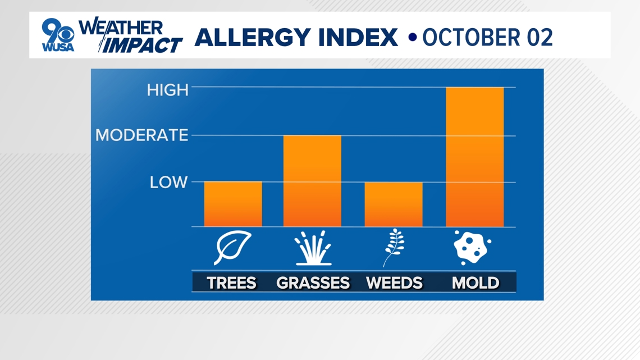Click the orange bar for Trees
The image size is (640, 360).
coord(233,204)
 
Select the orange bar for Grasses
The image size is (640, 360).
coord(312,181)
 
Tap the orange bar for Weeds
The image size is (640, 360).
coord(394,204)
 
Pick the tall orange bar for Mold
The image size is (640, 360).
coord(475,157)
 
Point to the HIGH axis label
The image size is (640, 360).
coord(168,90)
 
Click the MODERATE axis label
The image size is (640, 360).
coord(141,135)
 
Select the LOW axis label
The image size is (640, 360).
coord(168,183)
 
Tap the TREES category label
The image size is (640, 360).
coord(231,283)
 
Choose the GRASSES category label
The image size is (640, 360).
coord(313,283)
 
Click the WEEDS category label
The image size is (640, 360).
coord(394,283)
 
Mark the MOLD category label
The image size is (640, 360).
coord(476,283)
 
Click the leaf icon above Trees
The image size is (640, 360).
coord(232,248)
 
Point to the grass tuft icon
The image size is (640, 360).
coord(313,248)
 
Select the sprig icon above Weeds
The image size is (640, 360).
coord(394,248)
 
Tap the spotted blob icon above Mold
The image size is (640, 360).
coord(472,248)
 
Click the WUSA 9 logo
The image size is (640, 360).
coord(58,35)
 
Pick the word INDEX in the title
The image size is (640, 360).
coord(358,38)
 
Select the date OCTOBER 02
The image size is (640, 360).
coord(487,38)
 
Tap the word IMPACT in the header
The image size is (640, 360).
coord(141,45)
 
